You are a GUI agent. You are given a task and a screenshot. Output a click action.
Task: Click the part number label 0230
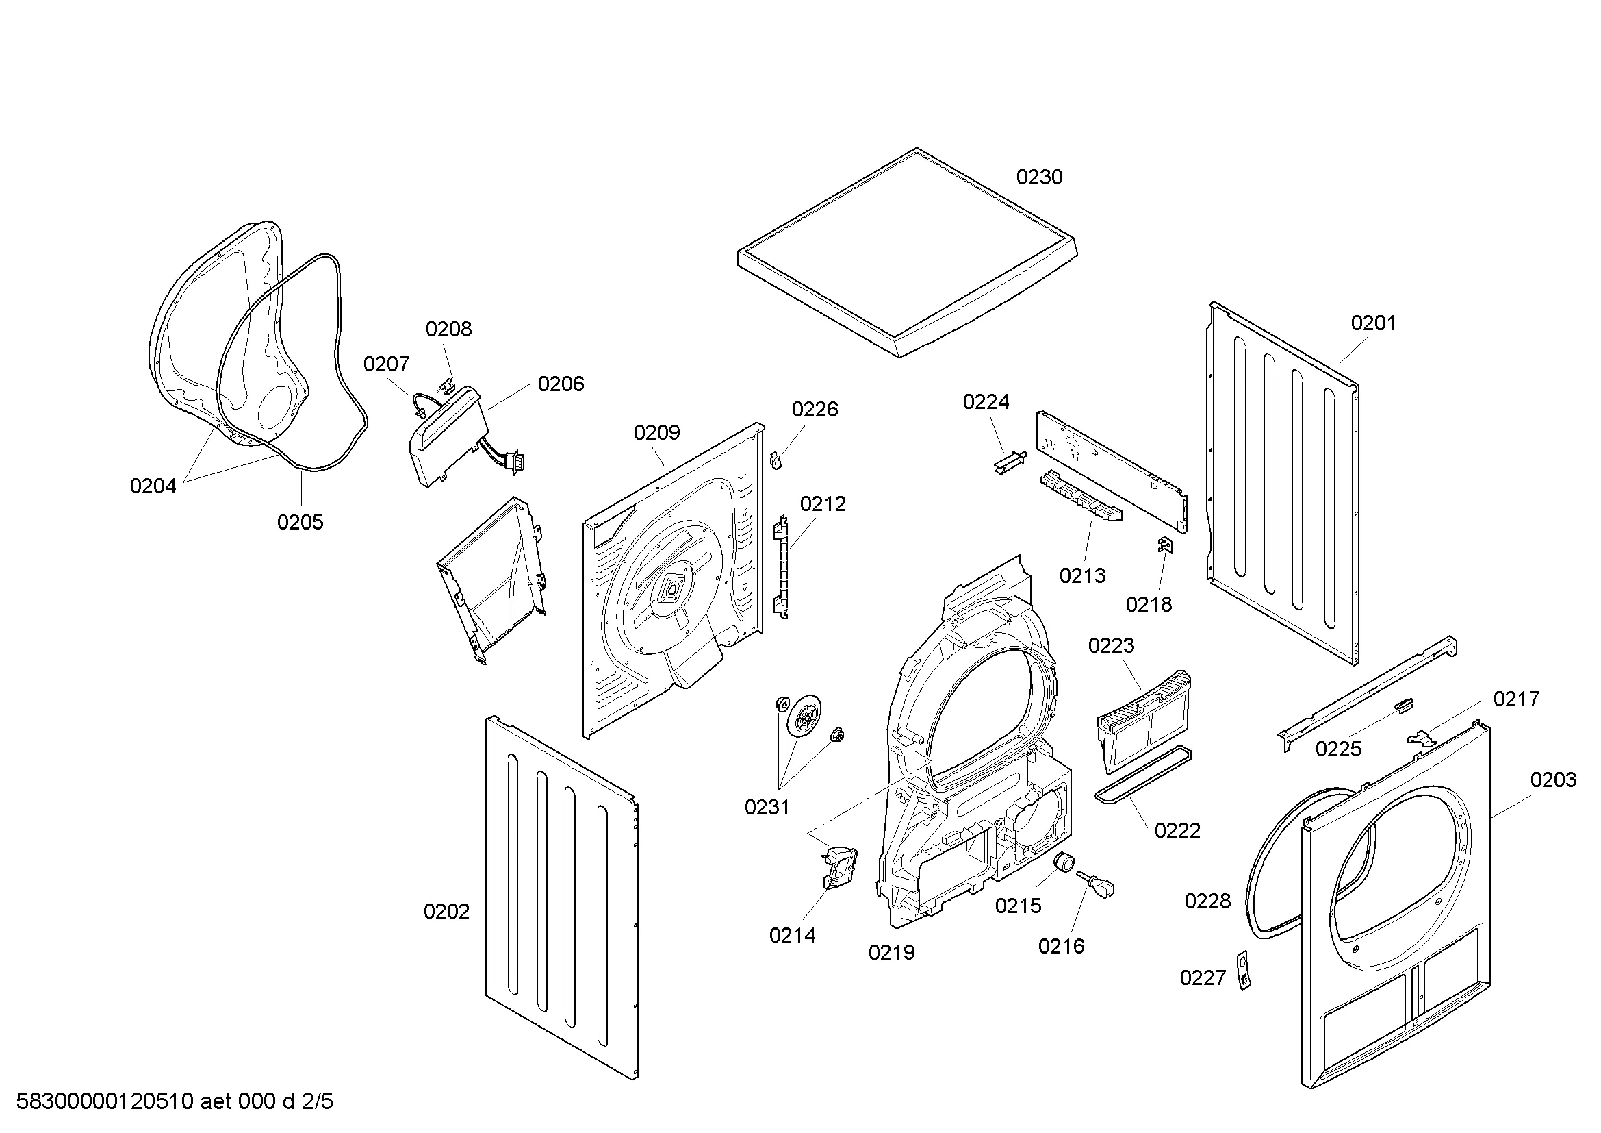coord(1039,177)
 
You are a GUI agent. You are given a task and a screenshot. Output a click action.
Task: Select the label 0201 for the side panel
coord(1373,323)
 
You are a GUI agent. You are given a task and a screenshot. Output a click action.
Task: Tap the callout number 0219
coord(891,952)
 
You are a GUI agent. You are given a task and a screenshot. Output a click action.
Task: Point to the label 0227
coord(1202,978)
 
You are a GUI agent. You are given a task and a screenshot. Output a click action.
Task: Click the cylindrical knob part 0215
coord(1065,862)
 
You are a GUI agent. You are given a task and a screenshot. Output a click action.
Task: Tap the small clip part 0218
coord(1164,544)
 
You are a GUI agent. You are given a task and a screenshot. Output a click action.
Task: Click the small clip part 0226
coord(776,460)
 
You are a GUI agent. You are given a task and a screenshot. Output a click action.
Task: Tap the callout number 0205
coord(300,522)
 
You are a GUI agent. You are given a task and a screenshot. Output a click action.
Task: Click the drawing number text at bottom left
coord(175,1101)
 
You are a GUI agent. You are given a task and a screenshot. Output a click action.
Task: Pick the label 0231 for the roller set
coord(767,807)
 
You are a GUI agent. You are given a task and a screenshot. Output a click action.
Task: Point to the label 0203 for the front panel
coord(1553,780)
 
